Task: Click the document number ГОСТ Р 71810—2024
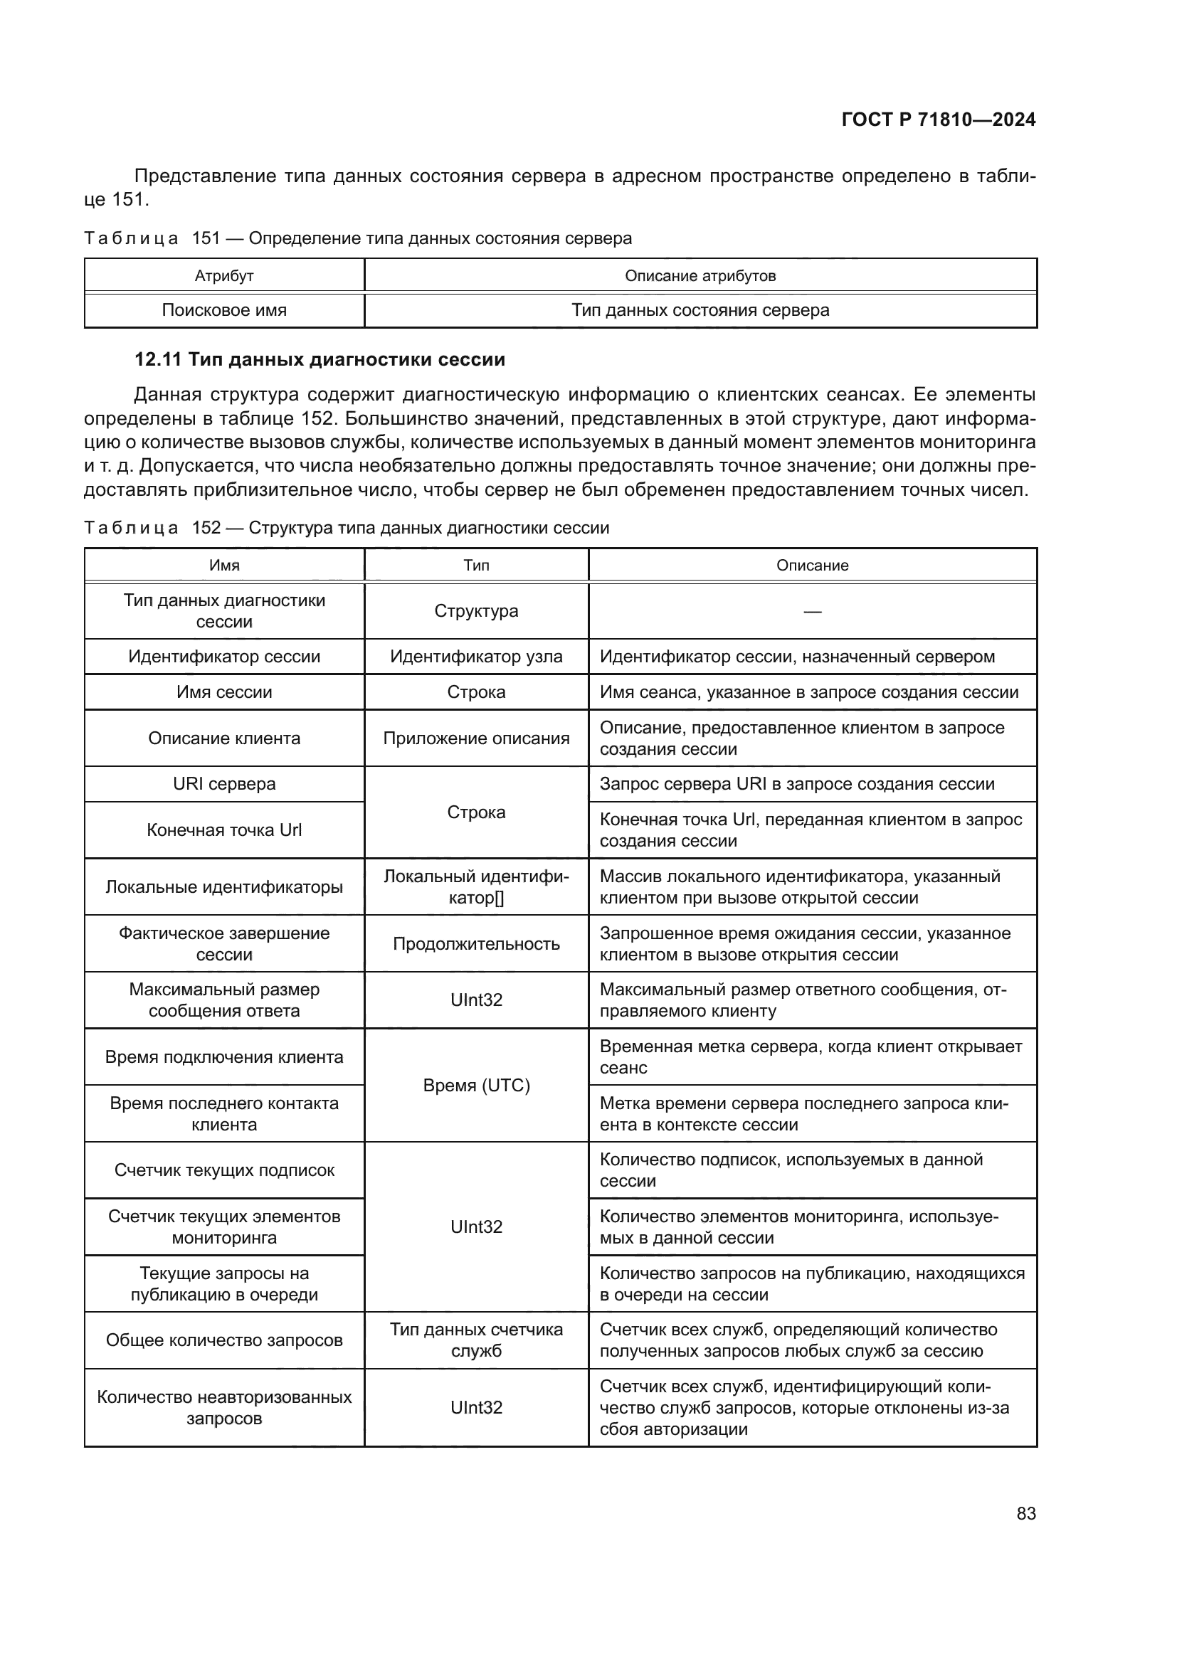pos(938,120)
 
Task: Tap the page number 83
pos(1025,1513)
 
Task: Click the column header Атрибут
pos(224,276)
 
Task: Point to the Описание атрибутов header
pos(700,276)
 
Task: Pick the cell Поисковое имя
pos(224,310)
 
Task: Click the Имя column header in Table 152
pos(224,566)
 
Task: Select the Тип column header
pos(476,566)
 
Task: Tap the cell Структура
pos(476,611)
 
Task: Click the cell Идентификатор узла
pos(476,657)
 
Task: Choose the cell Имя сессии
pos(224,692)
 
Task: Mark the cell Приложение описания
pos(476,738)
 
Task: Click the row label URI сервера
pos(224,784)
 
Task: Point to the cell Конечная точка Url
pos(224,830)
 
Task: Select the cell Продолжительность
pos(476,943)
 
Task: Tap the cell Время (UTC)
pos(476,1085)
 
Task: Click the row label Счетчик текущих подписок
pos(224,1170)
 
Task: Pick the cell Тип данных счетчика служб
pos(476,1340)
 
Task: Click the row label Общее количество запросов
pos(224,1340)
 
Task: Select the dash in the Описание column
pos(813,612)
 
